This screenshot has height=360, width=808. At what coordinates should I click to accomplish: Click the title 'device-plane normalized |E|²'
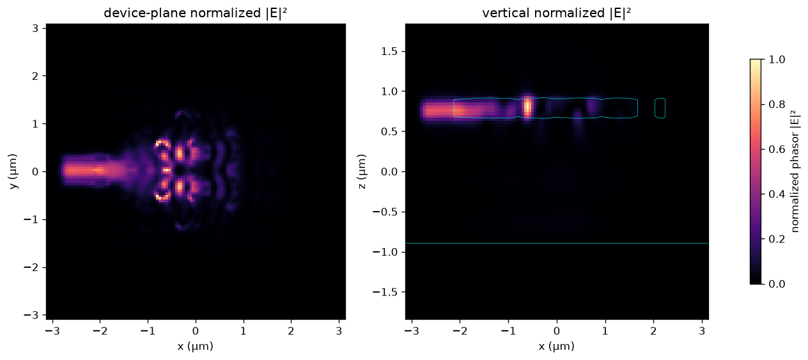point(196,13)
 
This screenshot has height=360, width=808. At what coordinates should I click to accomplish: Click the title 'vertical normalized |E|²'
point(557,13)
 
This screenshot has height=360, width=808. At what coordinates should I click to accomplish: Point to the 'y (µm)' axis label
point(13,171)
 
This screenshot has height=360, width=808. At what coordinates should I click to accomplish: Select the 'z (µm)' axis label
point(362,171)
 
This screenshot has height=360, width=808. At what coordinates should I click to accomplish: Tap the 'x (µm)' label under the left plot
point(196,347)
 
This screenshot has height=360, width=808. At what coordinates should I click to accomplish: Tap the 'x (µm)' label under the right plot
point(557,347)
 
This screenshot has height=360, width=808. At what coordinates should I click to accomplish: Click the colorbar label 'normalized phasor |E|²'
point(795,171)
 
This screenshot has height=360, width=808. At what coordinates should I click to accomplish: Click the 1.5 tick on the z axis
point(389,52)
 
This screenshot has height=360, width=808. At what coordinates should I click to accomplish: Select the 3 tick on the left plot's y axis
point(35,28)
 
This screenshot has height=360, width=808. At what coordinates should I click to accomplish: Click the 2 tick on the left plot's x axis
point(291,331)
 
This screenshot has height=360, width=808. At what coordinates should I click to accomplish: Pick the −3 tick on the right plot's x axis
point(412,331)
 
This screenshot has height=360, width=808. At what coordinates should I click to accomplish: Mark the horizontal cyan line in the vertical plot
point(557,244)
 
